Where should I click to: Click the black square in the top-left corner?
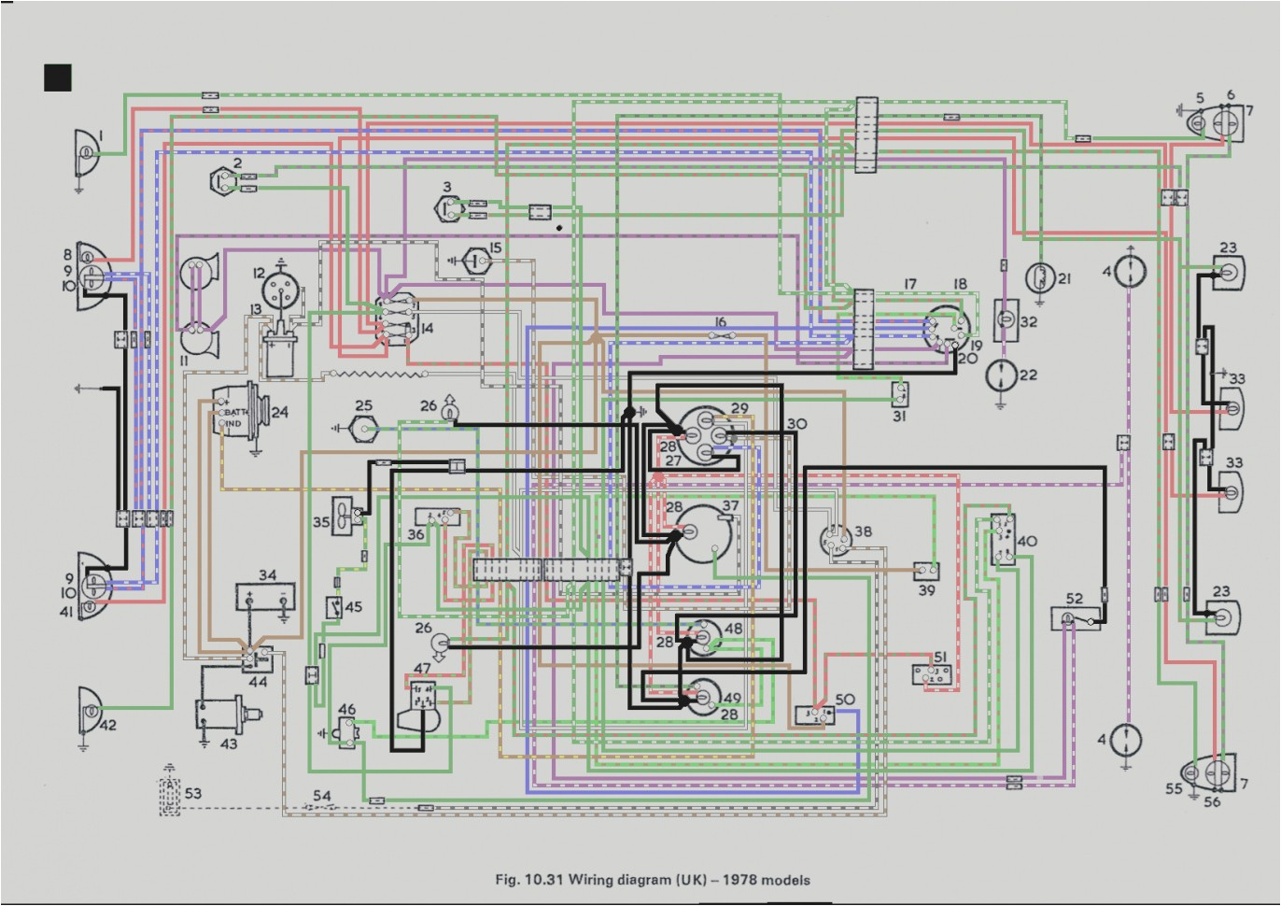click(x=58, y=78)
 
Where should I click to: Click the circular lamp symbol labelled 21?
click(x=1039, y=277)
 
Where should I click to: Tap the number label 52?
click(x=1075, y=599)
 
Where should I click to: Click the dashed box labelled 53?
click(x=169, y=796)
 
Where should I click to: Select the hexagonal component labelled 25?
click(x=363, y=429)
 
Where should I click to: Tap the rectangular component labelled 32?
click(x=1005, y=319)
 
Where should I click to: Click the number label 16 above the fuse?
click(x=720, y=322)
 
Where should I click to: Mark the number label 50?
click(x=845, y=699)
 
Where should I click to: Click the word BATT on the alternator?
click(x=235, y=412)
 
